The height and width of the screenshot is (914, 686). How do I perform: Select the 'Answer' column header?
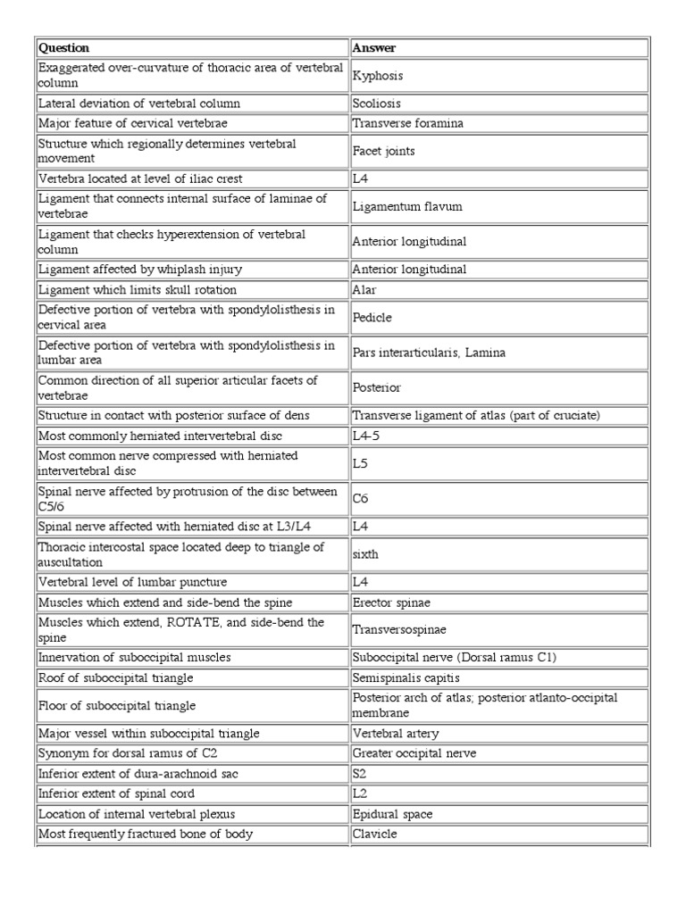tap(374, 47)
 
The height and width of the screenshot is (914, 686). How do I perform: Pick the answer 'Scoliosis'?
tap(378, 104)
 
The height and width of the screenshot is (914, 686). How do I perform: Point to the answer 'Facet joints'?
tap(384, 152)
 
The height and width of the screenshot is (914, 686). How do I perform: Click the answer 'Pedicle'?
tap(372, 318)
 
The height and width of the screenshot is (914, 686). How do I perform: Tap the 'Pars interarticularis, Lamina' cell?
tap(429, 353)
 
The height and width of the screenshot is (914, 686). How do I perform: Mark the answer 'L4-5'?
tap(366, 436)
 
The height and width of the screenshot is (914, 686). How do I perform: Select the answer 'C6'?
tap(361, 500)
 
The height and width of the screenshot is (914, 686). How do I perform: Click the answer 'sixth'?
tap(366, 554)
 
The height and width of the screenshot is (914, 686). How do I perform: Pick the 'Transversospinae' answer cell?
tap(397, 629)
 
